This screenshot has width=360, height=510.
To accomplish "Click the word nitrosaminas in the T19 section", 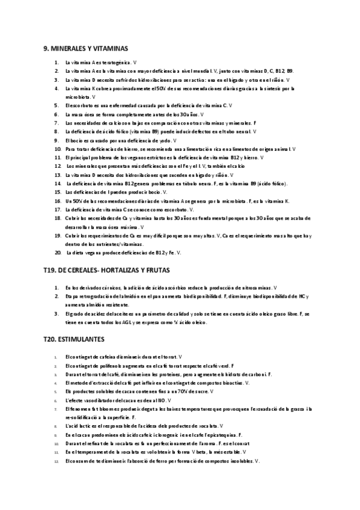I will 252,287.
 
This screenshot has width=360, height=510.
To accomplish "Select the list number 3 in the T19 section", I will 56,313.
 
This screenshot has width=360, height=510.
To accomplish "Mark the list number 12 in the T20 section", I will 56,461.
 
